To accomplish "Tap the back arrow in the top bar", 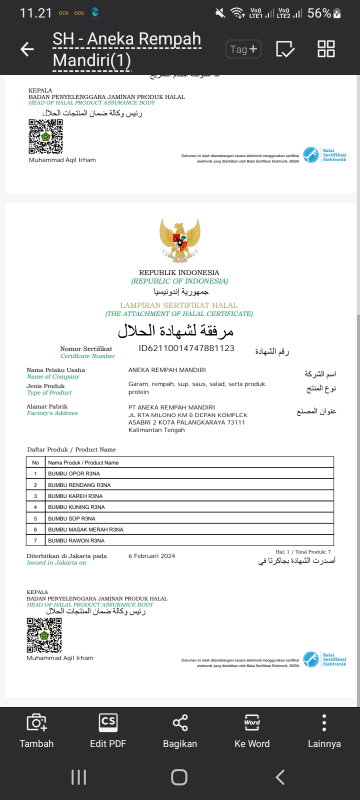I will (x=27, y=49).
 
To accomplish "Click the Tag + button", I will (x=243, y=49).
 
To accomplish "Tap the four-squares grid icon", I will (x=326, y=49).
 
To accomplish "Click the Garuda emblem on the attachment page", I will (x=179, y=240).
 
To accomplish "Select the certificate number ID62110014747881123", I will (x=186, y=348).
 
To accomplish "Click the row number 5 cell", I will (x=35, y=518).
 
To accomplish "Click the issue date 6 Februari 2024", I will (x=152, y=556).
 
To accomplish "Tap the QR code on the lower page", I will (x=44, y=635).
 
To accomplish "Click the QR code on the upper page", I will (x=45, y=136).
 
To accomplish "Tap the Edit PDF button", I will (x=108, y=730).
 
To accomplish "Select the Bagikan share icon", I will (x=180, y=723).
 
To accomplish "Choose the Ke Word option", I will (x=252, y=730).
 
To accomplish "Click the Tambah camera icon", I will (x=36, y=723).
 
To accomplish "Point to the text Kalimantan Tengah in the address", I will (x=156, y=430).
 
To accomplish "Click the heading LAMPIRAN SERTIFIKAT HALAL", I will (x=179, y=305).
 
